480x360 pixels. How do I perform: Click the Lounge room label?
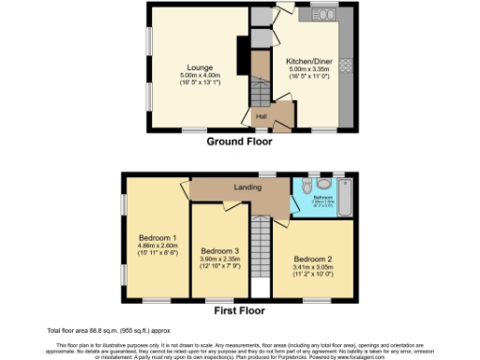coord(198,67)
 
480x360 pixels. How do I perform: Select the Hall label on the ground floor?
coord(262,116)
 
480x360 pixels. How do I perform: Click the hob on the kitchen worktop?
coord(343,66)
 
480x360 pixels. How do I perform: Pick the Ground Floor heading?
coord(239,142)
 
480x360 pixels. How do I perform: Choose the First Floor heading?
coord(239,310)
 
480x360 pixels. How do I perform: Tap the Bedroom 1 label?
coord(155,236)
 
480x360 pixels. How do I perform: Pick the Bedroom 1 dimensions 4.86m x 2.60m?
coord(155,246)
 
